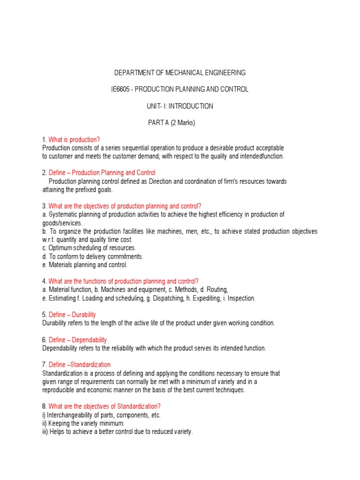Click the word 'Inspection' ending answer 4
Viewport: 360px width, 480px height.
click(x=241, y=298)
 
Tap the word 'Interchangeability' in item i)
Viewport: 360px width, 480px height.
click(x=72, y=415)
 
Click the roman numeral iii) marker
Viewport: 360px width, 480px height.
click(x=45, y=432)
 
